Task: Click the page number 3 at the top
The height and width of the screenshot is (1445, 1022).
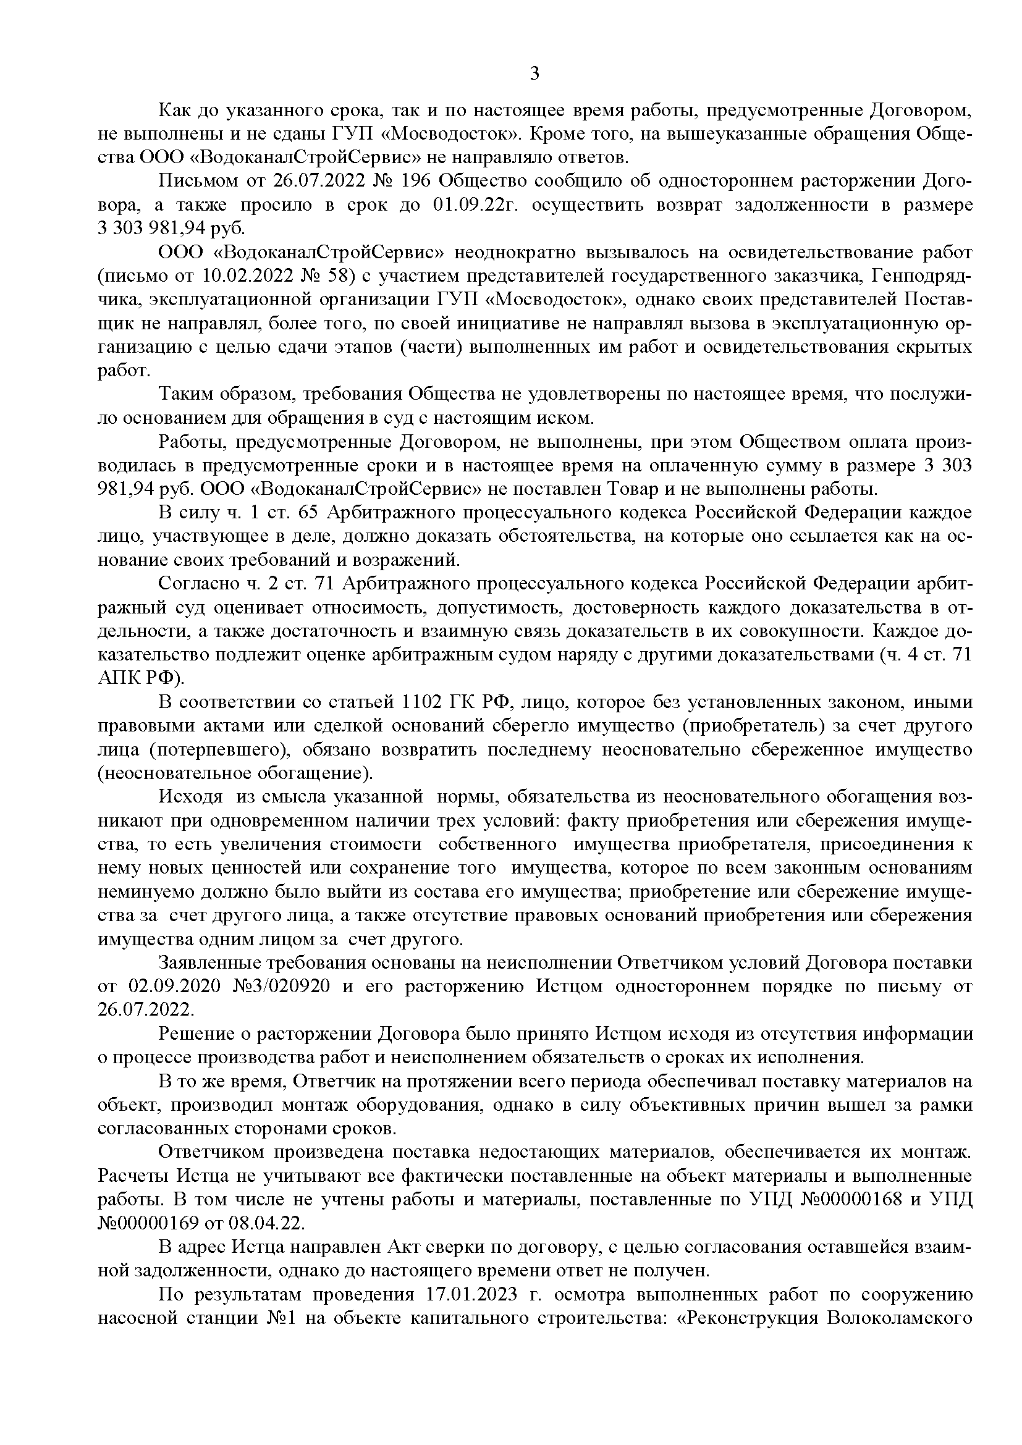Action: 534,74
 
